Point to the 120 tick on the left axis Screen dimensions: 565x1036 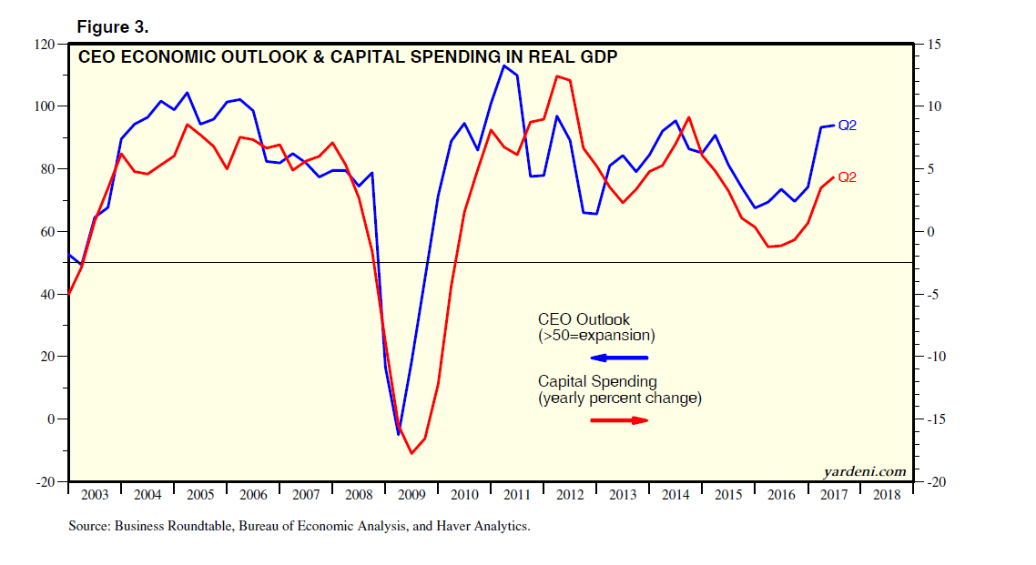tap(45, 44)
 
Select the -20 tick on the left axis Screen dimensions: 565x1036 tap(45, 481)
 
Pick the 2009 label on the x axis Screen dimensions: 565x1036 tap(412, 495)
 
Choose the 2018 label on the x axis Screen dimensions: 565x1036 tap(888, 495)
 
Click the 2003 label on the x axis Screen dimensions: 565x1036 tap(95, 495)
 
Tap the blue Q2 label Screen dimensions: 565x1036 tap(847, 126)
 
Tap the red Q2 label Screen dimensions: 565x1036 tap(847, 177)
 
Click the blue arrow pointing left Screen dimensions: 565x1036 tap(619, 358)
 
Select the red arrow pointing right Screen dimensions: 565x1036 tap(619, 419)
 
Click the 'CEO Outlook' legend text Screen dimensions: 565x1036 tap(584, 319)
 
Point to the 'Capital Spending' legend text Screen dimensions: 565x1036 tap(597, 381)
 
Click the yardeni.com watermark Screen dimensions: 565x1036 tap(864, 471)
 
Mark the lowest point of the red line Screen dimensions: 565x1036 tap(411, 453)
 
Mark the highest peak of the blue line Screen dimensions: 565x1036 tap(504, 66)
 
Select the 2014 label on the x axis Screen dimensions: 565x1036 tap(676, 495)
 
